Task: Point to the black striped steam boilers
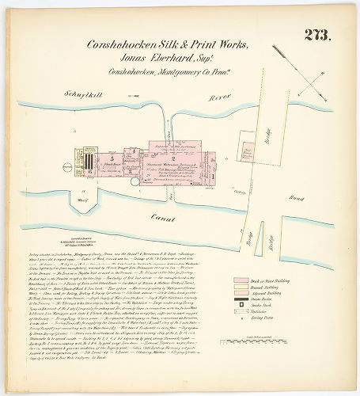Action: pos(89,162)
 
